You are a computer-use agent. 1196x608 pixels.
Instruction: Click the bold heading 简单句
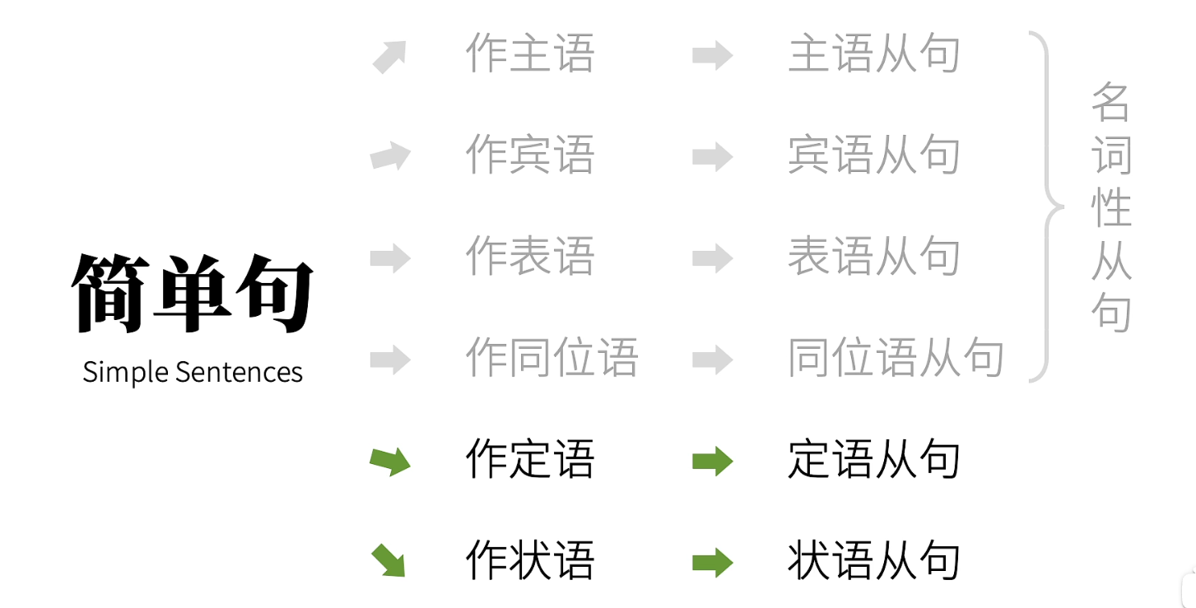[193, 293]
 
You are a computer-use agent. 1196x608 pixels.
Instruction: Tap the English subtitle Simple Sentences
[193, 372]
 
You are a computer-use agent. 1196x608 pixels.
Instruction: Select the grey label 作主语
[529, 54]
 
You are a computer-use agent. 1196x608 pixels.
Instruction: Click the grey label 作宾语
[529, 155]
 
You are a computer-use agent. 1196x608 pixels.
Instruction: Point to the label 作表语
[529, 257]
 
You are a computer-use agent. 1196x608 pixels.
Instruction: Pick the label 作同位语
[551, 358]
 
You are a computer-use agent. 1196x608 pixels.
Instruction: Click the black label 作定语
[529, 459]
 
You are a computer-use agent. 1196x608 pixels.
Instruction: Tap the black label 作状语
[529, 561]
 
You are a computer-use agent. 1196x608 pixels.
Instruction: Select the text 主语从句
[874, 54]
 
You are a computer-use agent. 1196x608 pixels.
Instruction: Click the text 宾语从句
[874, 155]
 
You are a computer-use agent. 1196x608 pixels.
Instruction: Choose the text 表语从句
[874, 257]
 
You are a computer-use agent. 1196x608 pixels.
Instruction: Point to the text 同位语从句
[896, 358]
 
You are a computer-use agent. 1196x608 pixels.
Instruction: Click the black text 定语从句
[874, 459]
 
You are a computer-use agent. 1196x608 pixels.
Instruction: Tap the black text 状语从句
[874, 561]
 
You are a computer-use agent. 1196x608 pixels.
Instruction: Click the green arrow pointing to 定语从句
[712, 461]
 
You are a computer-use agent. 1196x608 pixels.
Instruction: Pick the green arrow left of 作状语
[389, 560]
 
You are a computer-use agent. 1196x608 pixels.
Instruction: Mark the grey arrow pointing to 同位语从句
[712, 360]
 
